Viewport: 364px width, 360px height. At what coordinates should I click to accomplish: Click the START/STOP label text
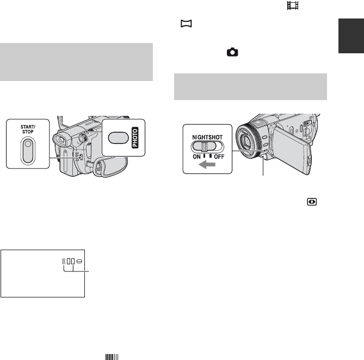[28, 129]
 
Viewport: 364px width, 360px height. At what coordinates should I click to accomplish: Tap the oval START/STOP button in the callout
[28, 151]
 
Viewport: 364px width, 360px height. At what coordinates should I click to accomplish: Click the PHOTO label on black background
[135, 138]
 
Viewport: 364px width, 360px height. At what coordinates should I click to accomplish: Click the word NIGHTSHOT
[207, 138]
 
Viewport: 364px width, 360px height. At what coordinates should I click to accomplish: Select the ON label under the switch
[196, 157]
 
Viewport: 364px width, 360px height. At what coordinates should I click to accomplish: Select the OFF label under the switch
[219, 157]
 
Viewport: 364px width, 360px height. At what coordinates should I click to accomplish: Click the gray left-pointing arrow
[207, 165]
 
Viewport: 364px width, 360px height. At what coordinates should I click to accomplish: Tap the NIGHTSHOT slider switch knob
[204, 147]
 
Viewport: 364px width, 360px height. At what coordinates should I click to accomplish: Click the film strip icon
[293, 5]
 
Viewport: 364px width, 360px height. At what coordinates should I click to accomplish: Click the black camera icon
[232, 52]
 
